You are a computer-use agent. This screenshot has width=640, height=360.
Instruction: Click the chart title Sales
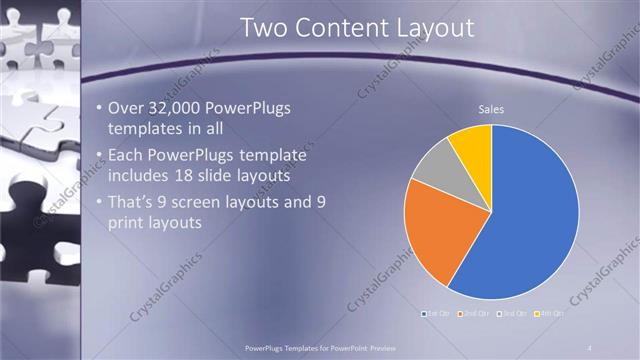coord(491,109)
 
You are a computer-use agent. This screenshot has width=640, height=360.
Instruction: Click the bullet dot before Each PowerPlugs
coord(98,156)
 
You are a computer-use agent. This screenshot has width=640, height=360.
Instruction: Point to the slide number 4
coord(589,346)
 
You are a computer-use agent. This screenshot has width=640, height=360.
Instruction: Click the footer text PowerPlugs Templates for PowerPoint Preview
coord(319,346)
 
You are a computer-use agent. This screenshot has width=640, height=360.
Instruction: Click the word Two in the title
coord(262,29)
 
